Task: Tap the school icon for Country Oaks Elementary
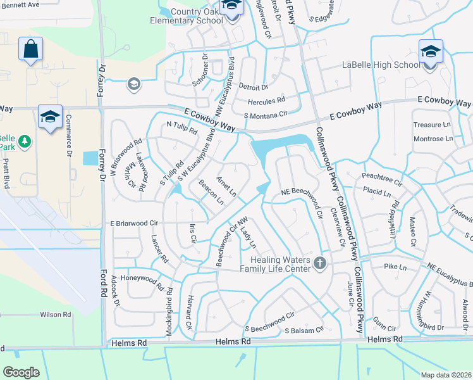(231, 7)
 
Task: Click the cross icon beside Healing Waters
(321, 263)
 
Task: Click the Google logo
(21, 372)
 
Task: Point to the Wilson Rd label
(56, 314)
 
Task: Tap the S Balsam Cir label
(304, 329)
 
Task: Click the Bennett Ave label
(20, 4)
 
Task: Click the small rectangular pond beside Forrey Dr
(91, 158)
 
